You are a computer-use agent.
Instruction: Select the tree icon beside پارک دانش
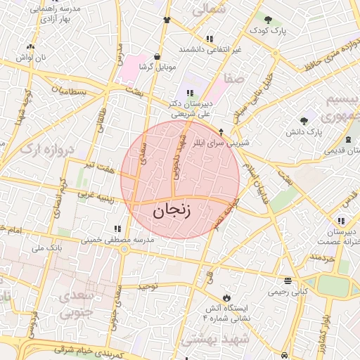(x=304, y=120)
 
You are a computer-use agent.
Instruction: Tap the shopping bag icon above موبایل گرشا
(x=156, y=57)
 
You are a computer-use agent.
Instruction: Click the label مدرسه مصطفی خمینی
(x=131, y=239)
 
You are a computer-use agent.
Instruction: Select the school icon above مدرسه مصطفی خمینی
(x=117, y=229)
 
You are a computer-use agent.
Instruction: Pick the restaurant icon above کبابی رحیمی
(x=287, y=279)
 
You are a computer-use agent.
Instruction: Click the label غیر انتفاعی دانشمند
(x=210, y=49)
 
